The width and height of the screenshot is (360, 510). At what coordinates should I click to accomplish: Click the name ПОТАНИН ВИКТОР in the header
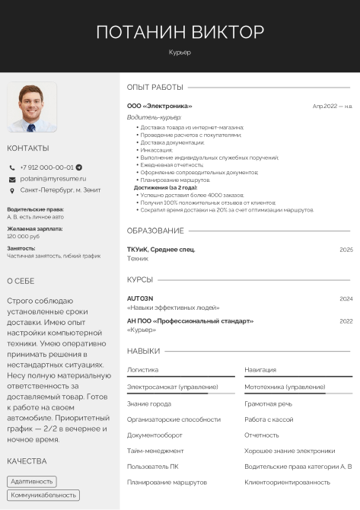180,32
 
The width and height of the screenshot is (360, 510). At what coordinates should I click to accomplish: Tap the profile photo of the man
32,107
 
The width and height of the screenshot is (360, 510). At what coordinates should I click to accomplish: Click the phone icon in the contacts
12,167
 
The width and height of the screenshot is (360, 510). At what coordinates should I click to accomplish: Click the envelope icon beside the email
12,179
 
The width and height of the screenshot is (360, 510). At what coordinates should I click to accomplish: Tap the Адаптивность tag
32,481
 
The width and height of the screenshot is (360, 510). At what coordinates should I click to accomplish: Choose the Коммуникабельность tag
43,495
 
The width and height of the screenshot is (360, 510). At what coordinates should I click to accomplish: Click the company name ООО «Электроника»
159,106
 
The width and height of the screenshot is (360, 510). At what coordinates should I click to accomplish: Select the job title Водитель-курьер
154,118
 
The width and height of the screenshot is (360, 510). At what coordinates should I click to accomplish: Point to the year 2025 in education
346,250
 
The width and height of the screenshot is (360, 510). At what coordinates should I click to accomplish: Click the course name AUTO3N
140,298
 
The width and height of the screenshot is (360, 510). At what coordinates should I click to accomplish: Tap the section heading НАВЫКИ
143,351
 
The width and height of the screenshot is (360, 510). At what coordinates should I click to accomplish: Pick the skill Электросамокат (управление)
172,387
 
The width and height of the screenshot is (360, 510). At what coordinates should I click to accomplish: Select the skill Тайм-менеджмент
155,450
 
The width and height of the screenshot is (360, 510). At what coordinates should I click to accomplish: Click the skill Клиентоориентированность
287,482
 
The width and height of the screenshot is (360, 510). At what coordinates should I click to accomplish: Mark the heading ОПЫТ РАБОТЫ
155,87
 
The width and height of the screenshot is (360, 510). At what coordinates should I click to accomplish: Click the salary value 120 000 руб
24,236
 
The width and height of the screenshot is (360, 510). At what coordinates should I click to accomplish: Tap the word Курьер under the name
180,53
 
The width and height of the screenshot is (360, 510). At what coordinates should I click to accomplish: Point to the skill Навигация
260,369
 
